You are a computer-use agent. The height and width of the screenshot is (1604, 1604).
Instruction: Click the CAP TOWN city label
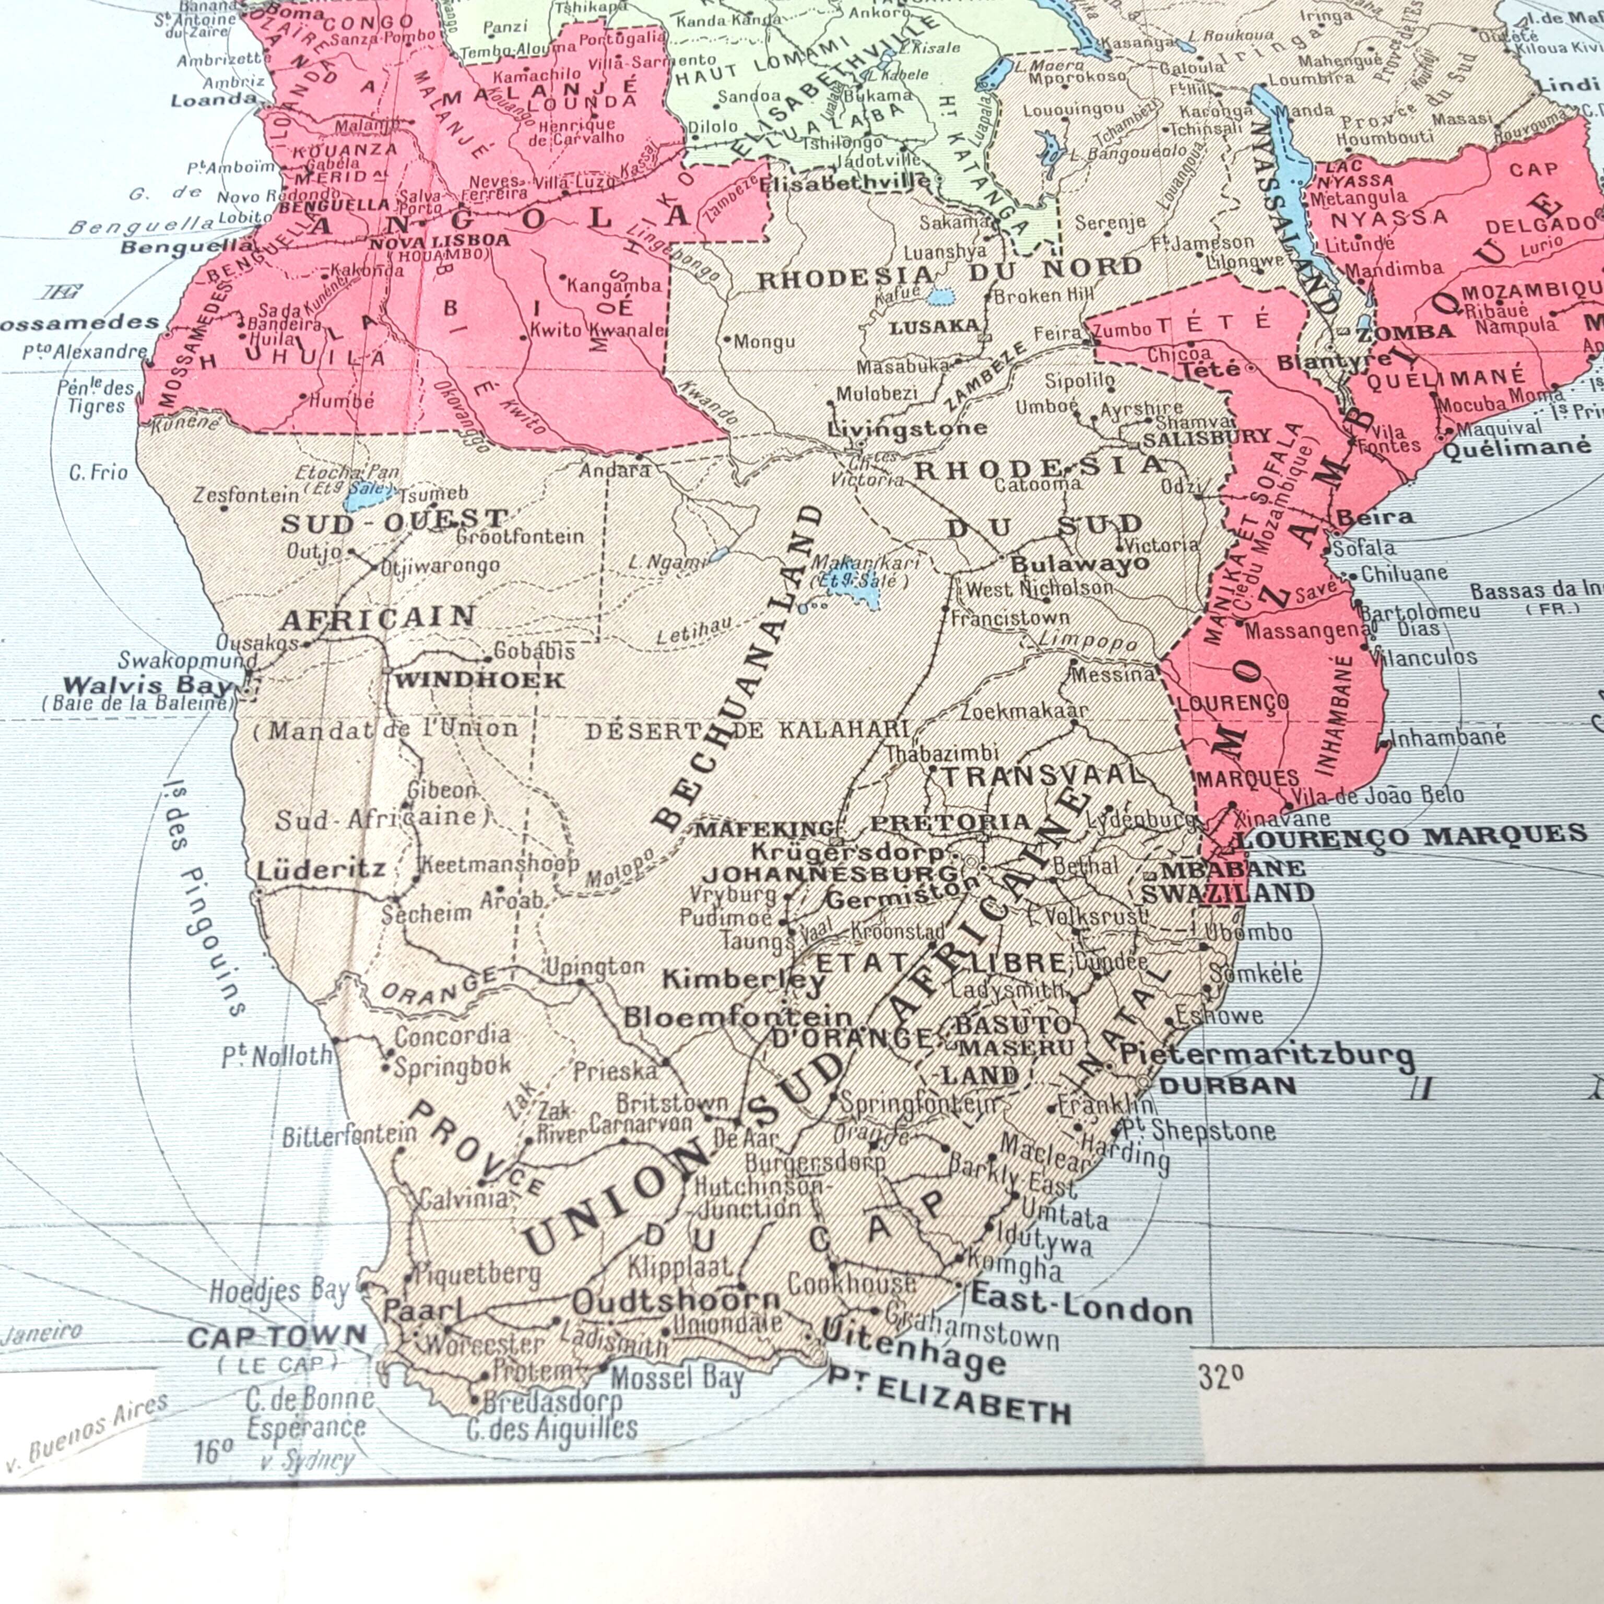tap(277, 1337)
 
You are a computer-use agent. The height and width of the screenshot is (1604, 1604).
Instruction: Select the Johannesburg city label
tap(830, 874)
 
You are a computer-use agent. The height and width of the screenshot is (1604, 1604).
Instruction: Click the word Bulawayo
tap(1079, 564)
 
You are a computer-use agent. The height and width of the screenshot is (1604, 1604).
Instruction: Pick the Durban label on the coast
tap(1227, 1086)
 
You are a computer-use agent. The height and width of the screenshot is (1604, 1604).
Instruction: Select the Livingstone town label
tap(907, 428)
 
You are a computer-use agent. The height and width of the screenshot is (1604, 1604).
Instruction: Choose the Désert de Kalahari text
tap(747, 730)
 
